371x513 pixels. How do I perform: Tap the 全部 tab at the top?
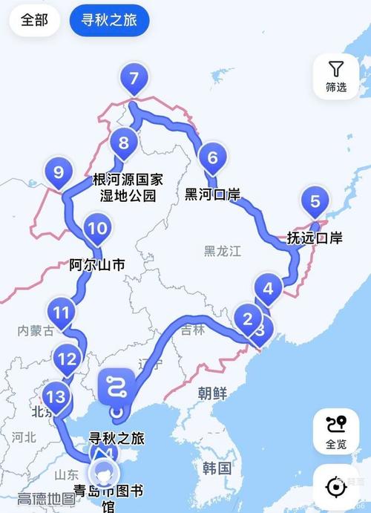(x=34, y=20)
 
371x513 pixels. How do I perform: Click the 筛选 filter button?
(x=336, y=76)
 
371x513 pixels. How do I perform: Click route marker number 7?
(x=134, y=79)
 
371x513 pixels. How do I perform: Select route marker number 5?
(x=315, y=201)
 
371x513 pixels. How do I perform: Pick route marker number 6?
(x=212, y=157)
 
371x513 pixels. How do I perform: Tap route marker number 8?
(x=123, y=142)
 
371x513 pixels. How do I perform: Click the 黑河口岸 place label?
(x=212, y=195)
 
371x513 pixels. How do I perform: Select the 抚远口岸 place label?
(x=315, y=238)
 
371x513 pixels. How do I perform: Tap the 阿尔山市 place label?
(x=97, y=264)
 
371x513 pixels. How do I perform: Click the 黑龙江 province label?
(x=223, y=251)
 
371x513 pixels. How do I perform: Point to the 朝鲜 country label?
(x=212, y=393)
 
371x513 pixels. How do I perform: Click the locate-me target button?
(x=336, y=487)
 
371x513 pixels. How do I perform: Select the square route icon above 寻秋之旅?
(x=116, y=385)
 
